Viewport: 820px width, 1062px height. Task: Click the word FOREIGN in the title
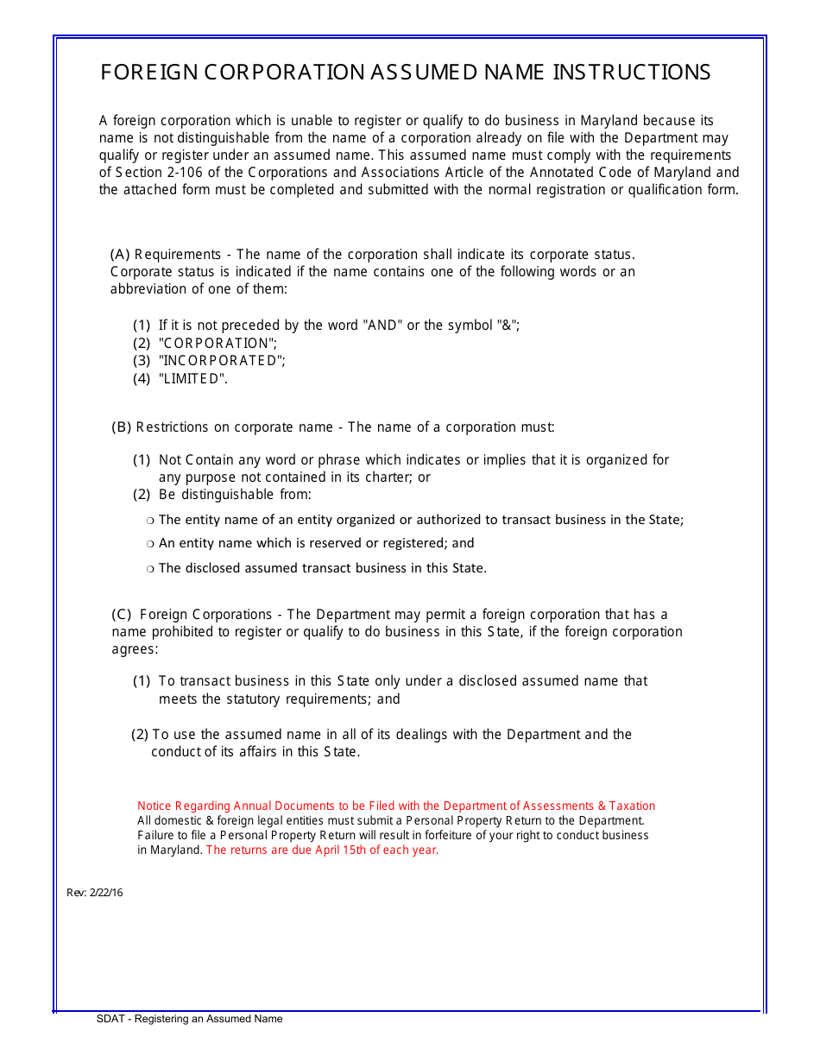pyautogui.click(x=148, y=73)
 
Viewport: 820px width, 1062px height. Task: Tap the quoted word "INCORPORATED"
pyautogui.click(x=222, y=361)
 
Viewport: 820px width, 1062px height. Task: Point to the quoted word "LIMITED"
pyautogui.click(x=193, y=378)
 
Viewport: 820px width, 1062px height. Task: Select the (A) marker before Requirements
pyautogui.click(x=120, y=255)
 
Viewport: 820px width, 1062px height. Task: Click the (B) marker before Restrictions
pyautogui.click(x=122, y=427)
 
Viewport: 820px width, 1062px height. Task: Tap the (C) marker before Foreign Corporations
pyautogui.click(x=122, y=615)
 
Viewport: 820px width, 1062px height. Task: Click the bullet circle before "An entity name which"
pyautogui.click(x=150, y=545)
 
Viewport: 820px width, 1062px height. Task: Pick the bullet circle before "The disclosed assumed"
pyautogui.click(x=150, y=569)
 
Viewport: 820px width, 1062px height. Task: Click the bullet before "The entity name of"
pyautogui.click(x=150, y=521)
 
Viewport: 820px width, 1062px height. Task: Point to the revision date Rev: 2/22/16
pyautogui.click(x=95, y=893)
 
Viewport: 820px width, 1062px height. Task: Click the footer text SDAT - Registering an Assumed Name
pyautogui.click(x=190, y=1019)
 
